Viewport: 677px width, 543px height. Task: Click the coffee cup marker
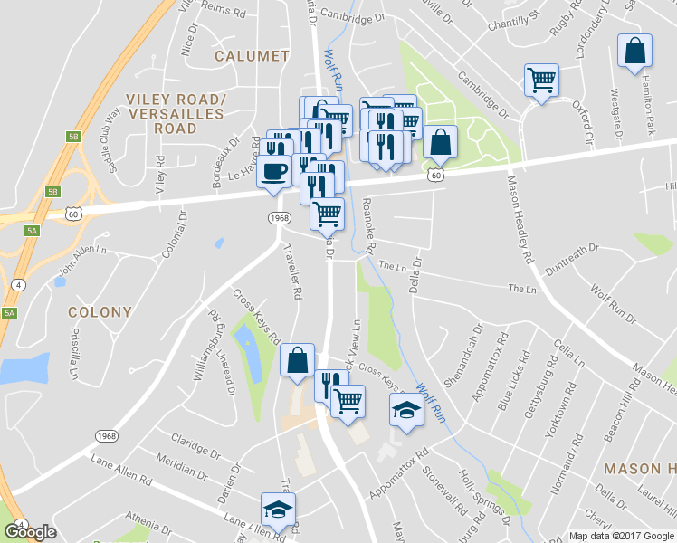(274, 170)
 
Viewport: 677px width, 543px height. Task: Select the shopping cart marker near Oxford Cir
(541, 81)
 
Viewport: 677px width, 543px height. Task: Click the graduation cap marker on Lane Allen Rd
(279, 509)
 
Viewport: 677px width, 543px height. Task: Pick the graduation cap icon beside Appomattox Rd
(406, 410)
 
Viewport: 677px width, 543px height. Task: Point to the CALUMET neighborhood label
(253, 56)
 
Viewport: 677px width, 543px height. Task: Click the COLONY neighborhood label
(100, 312)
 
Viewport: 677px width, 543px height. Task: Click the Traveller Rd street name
(292, 271)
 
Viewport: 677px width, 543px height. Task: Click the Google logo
(30, 532)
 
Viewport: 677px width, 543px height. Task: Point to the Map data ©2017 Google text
(620, 536)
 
